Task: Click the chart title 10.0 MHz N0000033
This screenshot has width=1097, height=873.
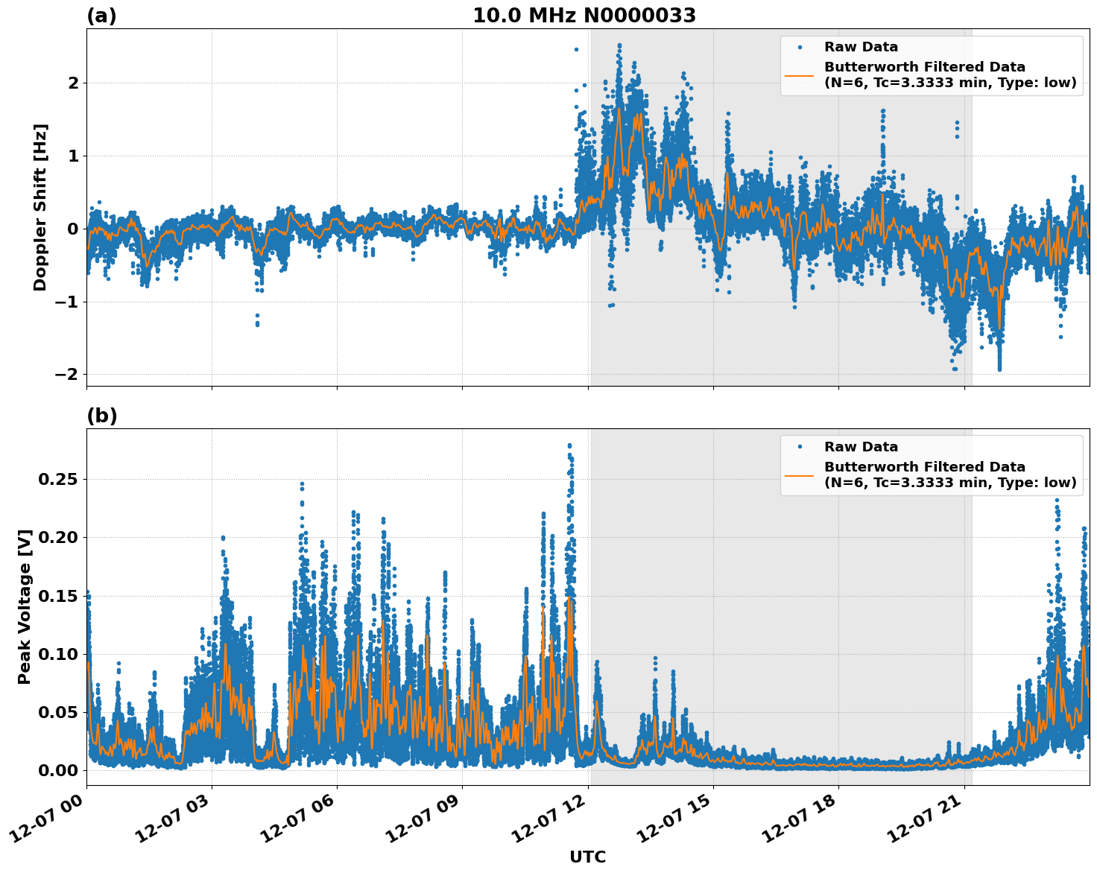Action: tap(584, 16)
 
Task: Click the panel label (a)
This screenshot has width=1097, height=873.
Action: tap(101, 16)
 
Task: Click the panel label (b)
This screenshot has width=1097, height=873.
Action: tap(101, 416)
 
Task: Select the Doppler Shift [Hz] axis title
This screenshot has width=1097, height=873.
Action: tap(40, 207)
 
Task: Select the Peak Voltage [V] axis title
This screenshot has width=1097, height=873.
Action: tap(25, 607)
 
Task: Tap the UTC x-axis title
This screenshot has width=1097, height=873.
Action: tap(587, 857)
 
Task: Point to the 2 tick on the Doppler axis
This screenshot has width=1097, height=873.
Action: tap(73, 83)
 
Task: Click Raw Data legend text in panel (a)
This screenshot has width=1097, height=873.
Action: tap(861, 47)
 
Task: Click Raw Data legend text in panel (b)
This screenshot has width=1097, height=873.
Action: tap(861, 447)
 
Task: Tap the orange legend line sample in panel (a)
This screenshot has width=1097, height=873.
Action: tap(799, 75)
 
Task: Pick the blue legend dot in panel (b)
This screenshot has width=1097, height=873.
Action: tap(799, 447)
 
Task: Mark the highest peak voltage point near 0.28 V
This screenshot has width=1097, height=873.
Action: tap(569, 445)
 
